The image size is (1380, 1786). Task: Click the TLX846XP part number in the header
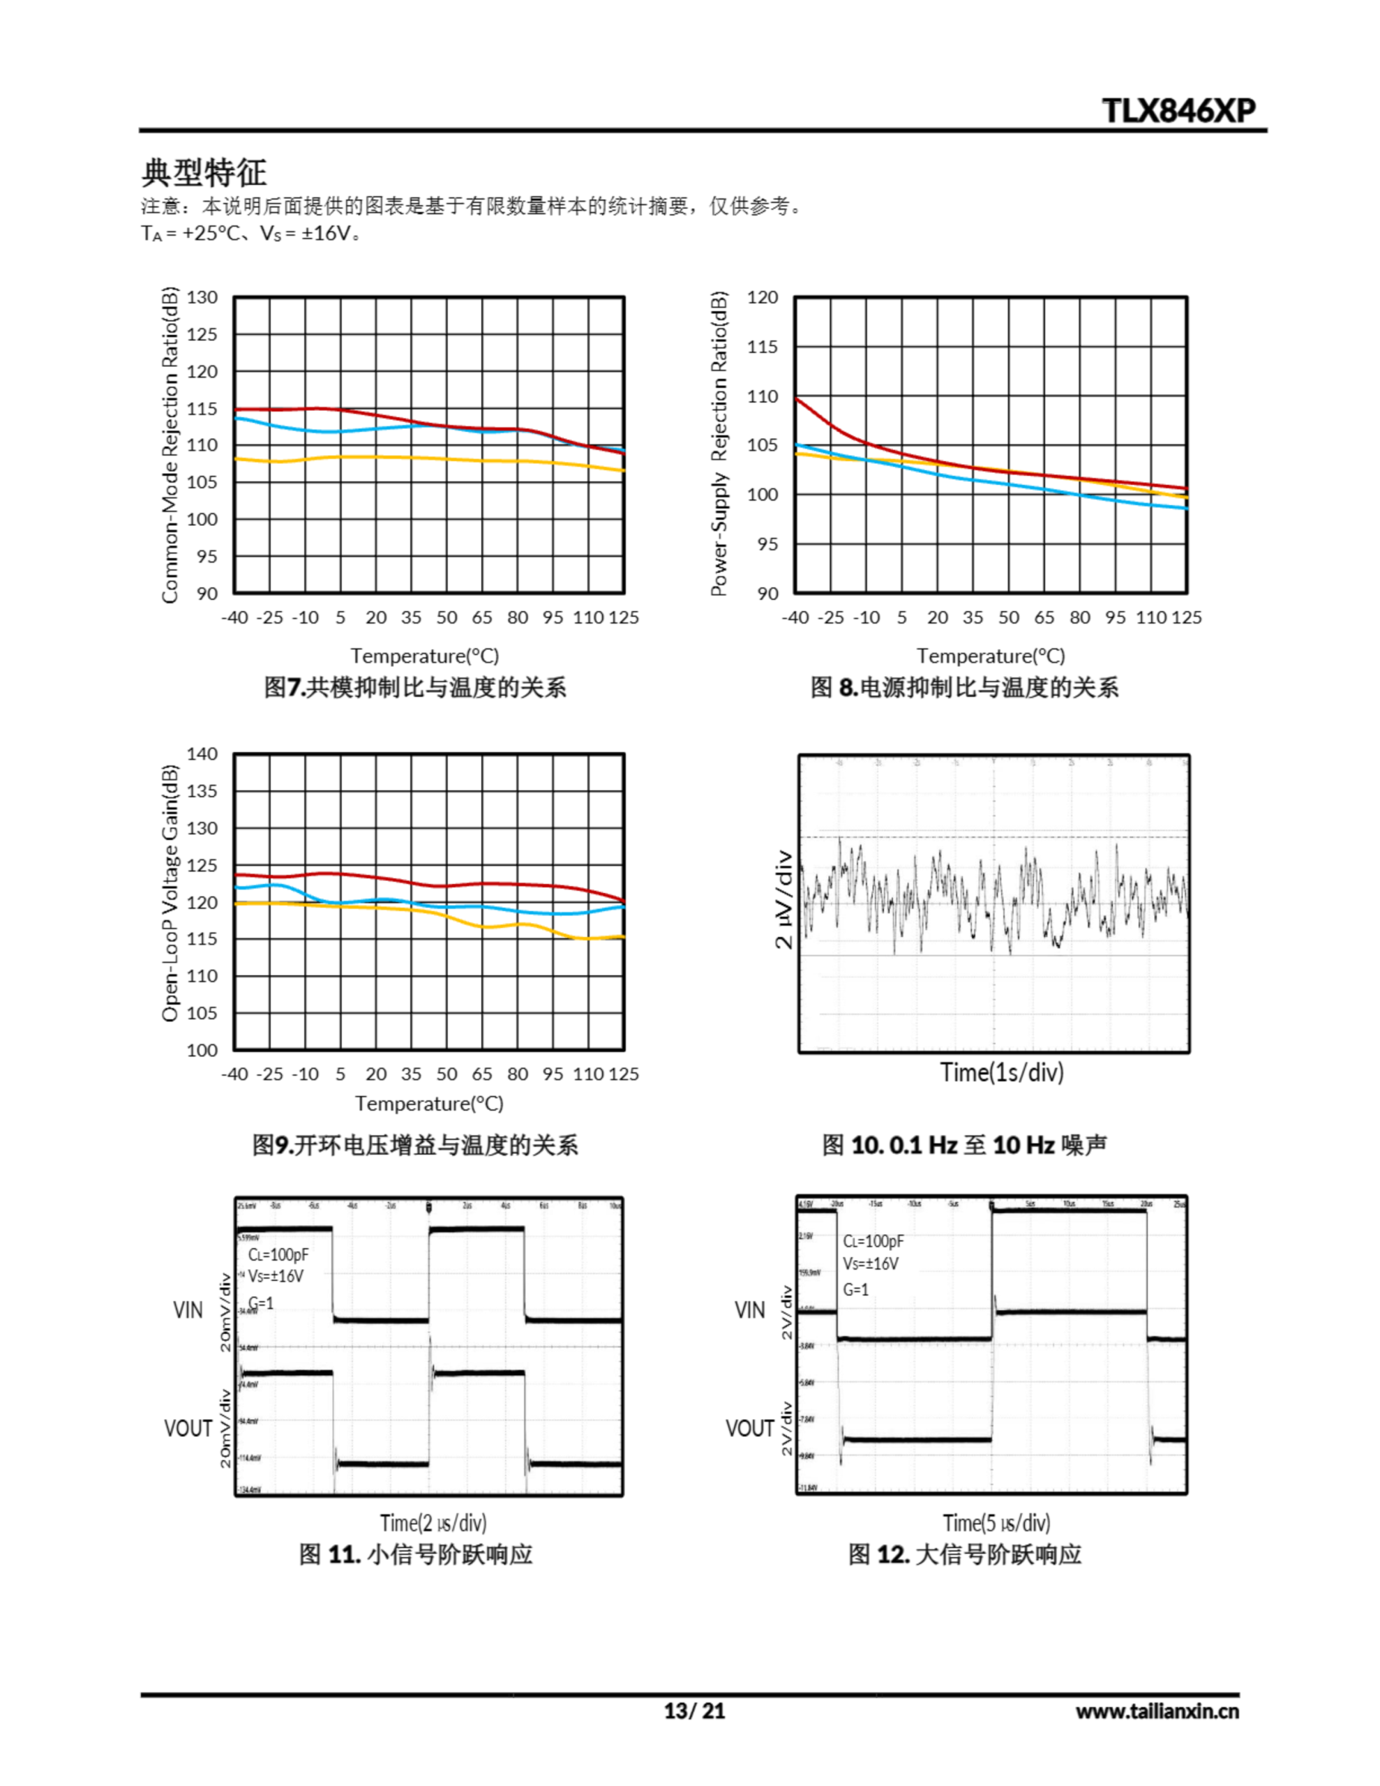click(x=1178, y=110)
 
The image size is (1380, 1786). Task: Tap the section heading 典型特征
click(x=204, y=172)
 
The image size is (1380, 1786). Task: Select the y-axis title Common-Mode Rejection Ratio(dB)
click(x=170, y=445)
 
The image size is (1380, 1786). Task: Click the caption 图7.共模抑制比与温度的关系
click(x=414, y=687)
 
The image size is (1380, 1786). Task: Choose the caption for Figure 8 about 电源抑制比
click(x=963, y=687)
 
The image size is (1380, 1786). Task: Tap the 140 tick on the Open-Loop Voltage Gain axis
click(x=202, y=754)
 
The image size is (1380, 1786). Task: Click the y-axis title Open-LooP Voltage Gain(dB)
click(x=170, y=893)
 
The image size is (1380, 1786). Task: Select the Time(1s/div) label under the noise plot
click(x=1001, y=1072)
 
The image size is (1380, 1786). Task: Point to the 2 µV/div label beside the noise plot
click(x=783, y=899)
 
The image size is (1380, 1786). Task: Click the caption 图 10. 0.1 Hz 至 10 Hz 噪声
click(x=963, y=1145)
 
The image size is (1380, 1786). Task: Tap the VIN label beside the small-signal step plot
click(x=188, y=1310)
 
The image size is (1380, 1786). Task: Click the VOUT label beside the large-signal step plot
click(x=749, y=1428)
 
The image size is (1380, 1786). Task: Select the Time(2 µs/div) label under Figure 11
click(x=433, y=1523)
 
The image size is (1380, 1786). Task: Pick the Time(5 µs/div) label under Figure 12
click(x=996, y=1523)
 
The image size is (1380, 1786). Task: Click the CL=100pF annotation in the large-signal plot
click(x=873, y=1241)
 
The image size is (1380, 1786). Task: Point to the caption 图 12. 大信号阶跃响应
click(x=963, y=1554)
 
